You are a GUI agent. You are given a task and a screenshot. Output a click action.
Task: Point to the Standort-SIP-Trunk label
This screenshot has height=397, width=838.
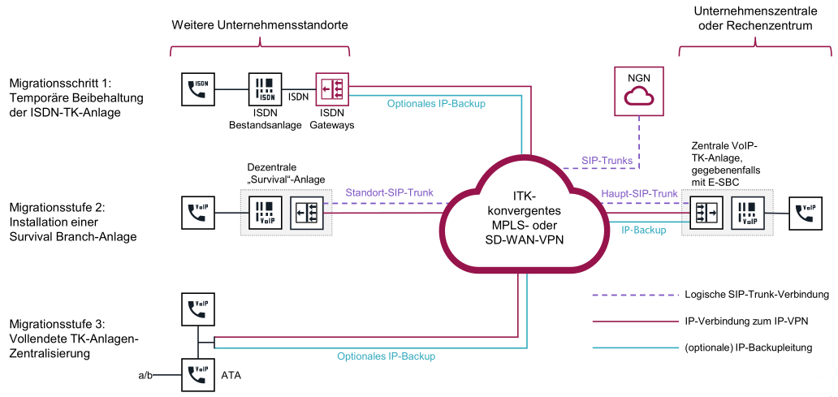coord(389,193)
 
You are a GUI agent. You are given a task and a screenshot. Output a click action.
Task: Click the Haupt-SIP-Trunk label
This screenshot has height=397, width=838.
coord(639,193)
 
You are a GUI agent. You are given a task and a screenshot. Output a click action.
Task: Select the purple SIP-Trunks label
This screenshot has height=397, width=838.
coord(607,161)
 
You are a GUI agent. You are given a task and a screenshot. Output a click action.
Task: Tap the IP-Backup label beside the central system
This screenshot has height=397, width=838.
coord(644,230)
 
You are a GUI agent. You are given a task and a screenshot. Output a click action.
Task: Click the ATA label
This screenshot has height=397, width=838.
coord(231,375)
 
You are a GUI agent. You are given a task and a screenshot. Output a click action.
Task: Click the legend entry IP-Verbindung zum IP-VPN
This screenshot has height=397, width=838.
coord(745,321)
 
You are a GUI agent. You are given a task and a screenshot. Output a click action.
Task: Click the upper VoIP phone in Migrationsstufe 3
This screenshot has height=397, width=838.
coord(198,309)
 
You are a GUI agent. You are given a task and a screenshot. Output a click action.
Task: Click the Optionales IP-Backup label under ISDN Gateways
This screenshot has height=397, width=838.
coord(436,103)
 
